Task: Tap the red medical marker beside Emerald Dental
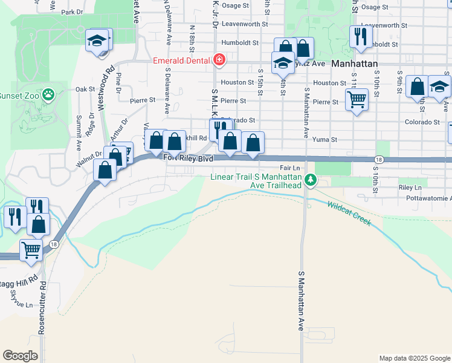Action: pyautogui.click(x=219, y=60)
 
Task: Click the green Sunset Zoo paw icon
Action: pyautogui.click(x=49, y=95)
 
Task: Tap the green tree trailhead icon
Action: pyautogui.click(x=311, y=180)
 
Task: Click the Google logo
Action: pyautogui.click(x=20, y=356)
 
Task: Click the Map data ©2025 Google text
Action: pyautogui.click(x=414, y=358)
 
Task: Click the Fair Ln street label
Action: pyautogui.click(x=290, y=168)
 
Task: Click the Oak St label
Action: pyautogui.click(x=81, y=89)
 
